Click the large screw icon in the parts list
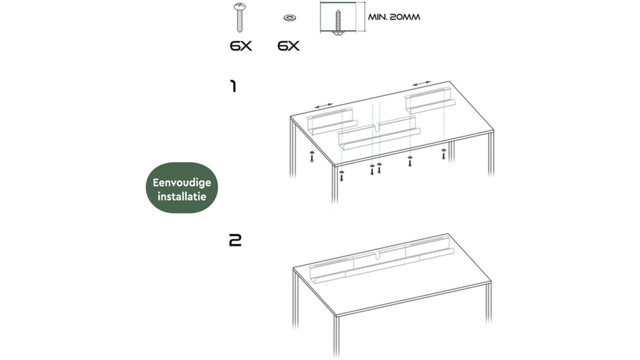point(239,17)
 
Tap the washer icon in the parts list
point(289,17)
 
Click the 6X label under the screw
point(241,46)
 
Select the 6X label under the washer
point(288,46)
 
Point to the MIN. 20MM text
point(394,17)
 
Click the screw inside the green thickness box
point(338,23)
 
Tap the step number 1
point(233,86)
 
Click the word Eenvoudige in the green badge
point(181,183)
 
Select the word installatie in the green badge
point(181,196)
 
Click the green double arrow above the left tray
point(323,105)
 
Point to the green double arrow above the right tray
point(421,83)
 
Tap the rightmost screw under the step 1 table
point(443,154)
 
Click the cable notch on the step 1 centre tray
point(376,127)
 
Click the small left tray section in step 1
point(331,121)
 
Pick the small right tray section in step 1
point(430,100)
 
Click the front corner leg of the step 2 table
point(336,337)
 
